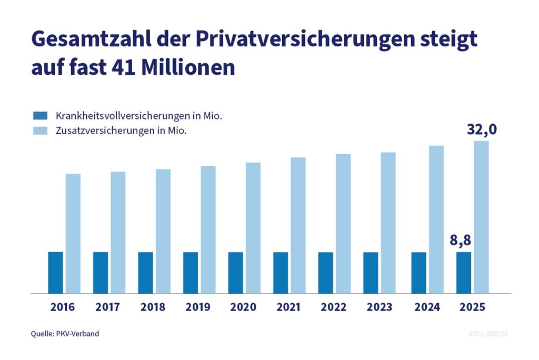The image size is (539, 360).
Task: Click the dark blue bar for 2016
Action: [55, 273]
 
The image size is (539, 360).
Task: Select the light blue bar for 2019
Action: [208, 229]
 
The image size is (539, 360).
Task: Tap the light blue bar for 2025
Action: [481, 217]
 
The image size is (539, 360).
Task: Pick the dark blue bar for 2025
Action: [464, 273]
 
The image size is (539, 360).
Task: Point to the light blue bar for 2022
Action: [343, 223]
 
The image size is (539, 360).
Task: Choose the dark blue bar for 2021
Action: [281, 273]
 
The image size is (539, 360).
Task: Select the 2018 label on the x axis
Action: [153, 307]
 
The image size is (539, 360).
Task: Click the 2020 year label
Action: [243, 307]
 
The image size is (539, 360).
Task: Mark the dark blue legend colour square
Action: [40, 115]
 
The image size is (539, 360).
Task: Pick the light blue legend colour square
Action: [40, 131]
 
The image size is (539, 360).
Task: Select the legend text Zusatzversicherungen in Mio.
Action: [122, 131]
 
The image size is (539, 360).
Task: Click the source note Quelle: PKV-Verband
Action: [65, 334]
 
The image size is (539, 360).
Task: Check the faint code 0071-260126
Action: [488, 334]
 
